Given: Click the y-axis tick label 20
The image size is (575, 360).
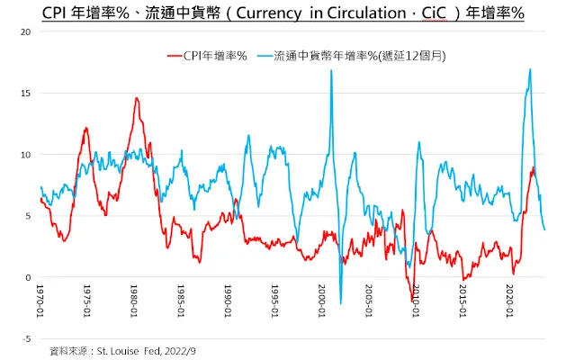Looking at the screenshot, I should coord(26,31).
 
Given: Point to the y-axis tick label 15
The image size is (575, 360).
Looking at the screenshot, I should coord(26,93).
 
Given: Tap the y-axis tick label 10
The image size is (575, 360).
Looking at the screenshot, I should coord(26,155).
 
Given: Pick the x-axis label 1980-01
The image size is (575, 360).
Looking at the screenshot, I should coord(135,303).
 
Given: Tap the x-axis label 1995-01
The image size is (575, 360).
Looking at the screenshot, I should coord(275,303).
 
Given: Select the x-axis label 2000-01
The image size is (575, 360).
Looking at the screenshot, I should coord(322,303).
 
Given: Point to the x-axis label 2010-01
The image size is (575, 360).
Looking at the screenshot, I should coord(416,303).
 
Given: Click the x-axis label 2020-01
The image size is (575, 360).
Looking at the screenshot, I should coord(509,303).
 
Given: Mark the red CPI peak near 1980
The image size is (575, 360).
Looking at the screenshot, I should coord(136,98).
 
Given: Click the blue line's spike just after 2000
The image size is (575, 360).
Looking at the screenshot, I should coord(331,71).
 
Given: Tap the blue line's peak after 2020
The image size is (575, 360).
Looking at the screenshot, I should coord(530,69).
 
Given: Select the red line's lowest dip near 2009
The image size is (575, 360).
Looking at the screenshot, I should coord(412,301).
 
